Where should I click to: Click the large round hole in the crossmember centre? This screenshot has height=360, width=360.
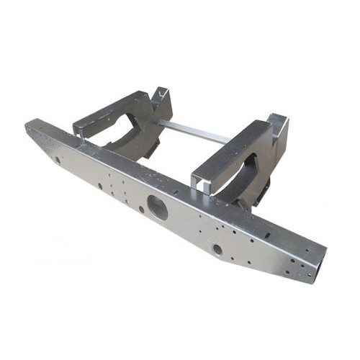158,207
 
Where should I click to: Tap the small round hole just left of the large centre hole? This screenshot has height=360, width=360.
142,210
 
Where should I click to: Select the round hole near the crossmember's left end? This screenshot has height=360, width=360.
57,160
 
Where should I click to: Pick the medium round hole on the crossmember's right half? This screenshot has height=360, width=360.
217,249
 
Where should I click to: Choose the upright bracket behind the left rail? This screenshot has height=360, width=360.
162,101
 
